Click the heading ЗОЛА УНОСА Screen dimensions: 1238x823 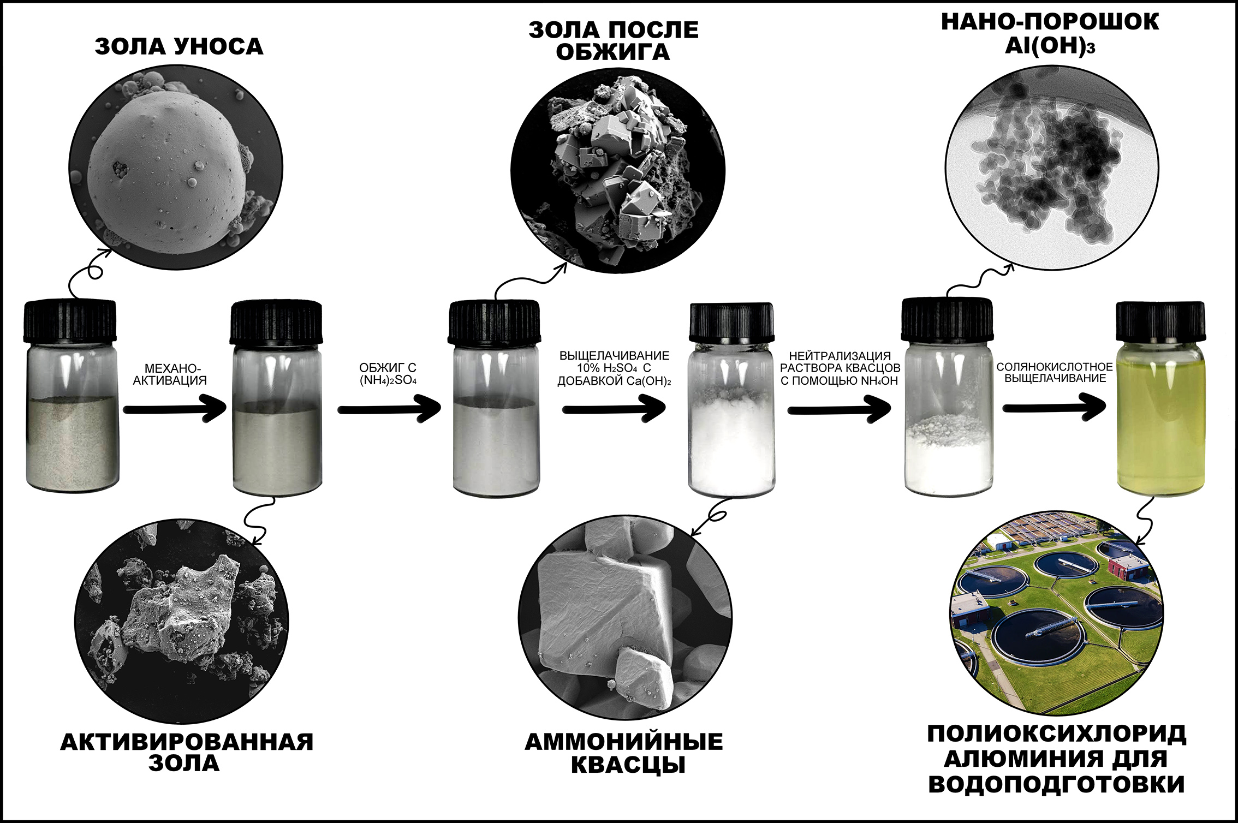coord(179,47)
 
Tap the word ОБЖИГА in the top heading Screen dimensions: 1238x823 coord(613,52)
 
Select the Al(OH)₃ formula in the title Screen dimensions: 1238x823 coord(1050,46)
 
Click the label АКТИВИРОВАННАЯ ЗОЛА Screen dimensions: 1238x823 coord(187,752)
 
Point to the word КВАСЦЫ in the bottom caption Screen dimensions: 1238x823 coord(628,765)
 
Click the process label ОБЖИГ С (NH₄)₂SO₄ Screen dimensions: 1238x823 coord(388,374)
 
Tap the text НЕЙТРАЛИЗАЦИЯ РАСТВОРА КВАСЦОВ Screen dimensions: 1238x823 coord(840,362)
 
